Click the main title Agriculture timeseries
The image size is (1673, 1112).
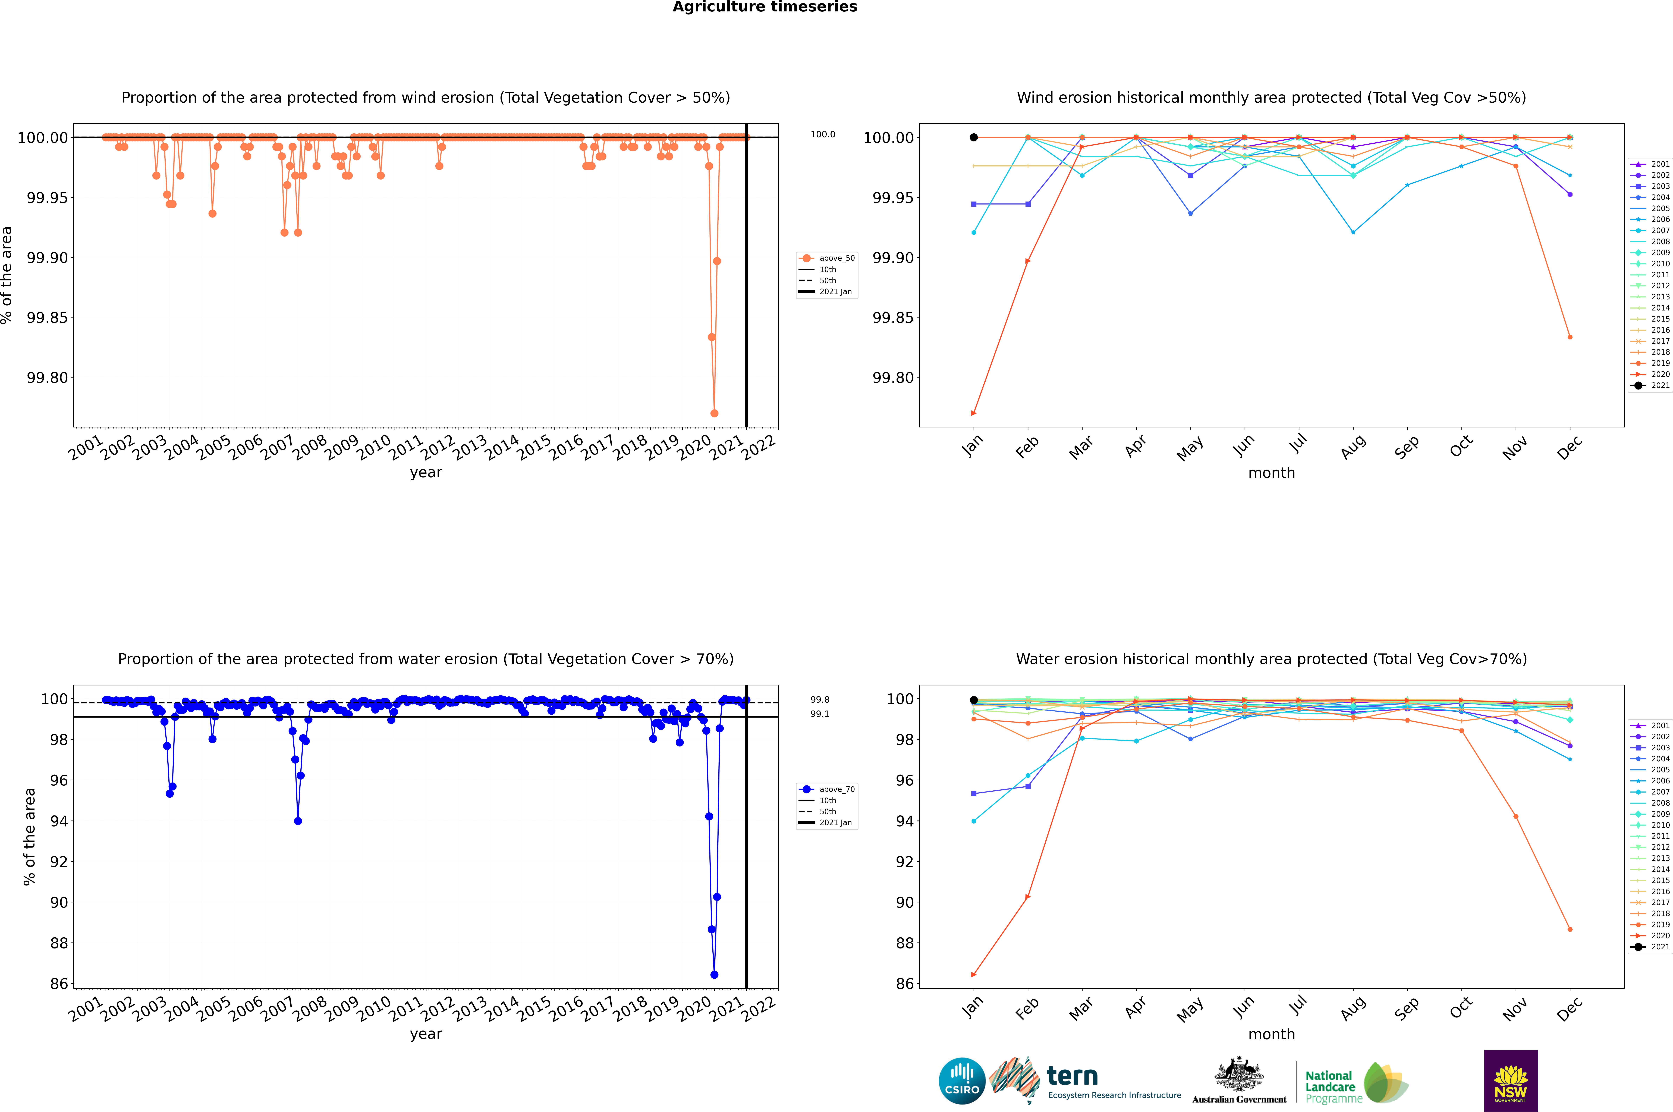765,7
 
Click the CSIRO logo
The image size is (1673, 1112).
962,1081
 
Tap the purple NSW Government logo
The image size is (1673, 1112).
1511,1081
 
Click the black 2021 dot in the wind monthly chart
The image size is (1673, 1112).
974,138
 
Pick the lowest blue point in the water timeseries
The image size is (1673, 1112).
714,974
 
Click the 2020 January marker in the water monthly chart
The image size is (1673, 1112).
974,974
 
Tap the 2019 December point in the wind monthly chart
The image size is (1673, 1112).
1570,337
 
